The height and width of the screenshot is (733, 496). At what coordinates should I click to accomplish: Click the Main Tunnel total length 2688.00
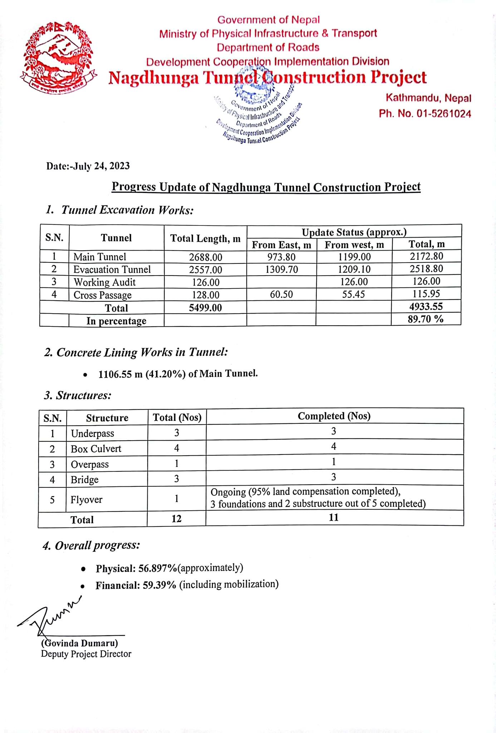[x=206, y=257]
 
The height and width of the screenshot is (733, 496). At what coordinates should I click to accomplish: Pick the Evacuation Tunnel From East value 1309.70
[x=281, y=270]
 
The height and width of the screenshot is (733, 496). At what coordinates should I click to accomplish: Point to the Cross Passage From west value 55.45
[x=354, y=295]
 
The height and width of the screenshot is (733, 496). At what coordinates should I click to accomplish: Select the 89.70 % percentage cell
[x=426, y=319]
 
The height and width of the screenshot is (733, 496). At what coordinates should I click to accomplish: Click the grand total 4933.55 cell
[x=426, y=306]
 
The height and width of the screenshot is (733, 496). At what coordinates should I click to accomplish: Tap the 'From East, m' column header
[x=281, y=245]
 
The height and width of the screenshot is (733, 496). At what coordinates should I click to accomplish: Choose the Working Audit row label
[x=104, y=282]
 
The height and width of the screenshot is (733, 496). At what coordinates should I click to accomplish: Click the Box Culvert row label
[x=96, y=449]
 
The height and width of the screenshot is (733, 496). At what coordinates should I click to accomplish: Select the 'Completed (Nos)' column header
[x=334, y=416]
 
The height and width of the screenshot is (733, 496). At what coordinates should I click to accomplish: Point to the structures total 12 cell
[x=176, y=519]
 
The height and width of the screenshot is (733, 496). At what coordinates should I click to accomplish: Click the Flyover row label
[x=86, y=499]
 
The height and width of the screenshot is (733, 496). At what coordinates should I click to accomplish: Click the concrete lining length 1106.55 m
[x=121, y=374]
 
